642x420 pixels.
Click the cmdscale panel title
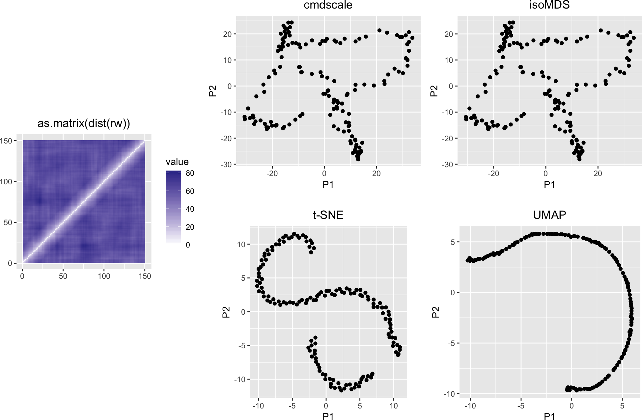pyautogui.click(x=328, y=5)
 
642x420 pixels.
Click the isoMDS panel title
pyautogui.click(x=549, y=5)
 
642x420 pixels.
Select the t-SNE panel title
pyautogui.click(x=328, y=215)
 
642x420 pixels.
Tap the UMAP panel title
pyautogui.click(x=549, y=215)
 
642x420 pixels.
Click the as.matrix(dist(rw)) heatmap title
pyautogui.click(x=84, y=123)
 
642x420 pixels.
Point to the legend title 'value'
pyautogui.click(x=177, y=162)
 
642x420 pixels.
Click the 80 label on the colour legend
pyautogui.click(x=190, y=173)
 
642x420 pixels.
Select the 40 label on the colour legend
pyautogui.click(x=190, y=209)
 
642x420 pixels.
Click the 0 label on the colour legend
pyautogui.click(x=188, y=245)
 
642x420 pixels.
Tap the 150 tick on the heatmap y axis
pyautogui.click(x=6, y=141)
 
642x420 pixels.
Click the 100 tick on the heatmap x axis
pyautogui.click(x=104, y=276)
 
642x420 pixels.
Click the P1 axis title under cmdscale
pyautogui.click(x=328, y=185)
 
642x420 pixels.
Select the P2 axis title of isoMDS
pyautogui.click(x=434, y=91)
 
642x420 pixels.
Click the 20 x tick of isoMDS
pyautogui.click(x=598, y=173)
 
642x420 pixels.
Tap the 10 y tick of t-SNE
pyautogui.click(x=241, y=245)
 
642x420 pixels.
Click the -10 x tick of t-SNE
pyautogui.click(x=258, y=406)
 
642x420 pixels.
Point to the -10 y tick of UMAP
pyautogui.click(x=449, y=394)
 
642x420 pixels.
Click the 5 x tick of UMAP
pyautogui.click(x=622, y=406)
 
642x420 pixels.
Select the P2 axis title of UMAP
pyautogui.click(x=435, y=312)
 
